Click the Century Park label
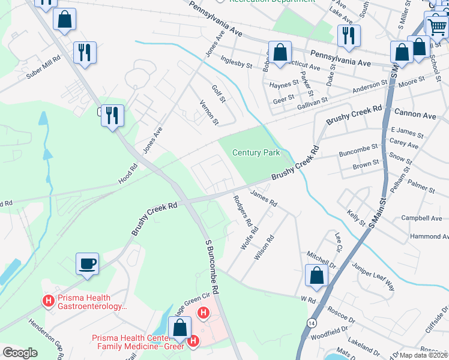256,153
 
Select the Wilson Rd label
264,246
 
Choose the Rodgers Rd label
242,211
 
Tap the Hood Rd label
128,175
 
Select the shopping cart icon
436,26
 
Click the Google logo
20,353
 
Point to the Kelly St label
356,218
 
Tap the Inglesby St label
236,62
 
